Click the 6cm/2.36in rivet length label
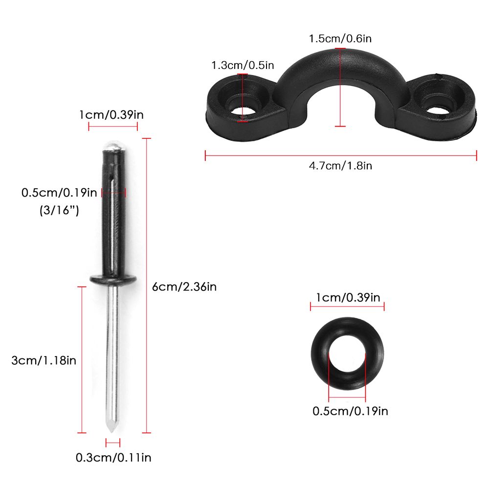click(184, 287)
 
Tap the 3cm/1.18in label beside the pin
click(44, 360)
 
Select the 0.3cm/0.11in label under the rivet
click(113, 458)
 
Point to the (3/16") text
click(59, 210)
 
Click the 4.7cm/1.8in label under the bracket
click(340, 166)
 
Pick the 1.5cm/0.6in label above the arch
click(340, 38)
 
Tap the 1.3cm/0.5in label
click(243, 65)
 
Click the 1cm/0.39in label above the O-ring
click(348, 297)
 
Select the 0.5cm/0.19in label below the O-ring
click(350, 411)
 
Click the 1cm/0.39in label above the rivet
click(111, 115)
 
